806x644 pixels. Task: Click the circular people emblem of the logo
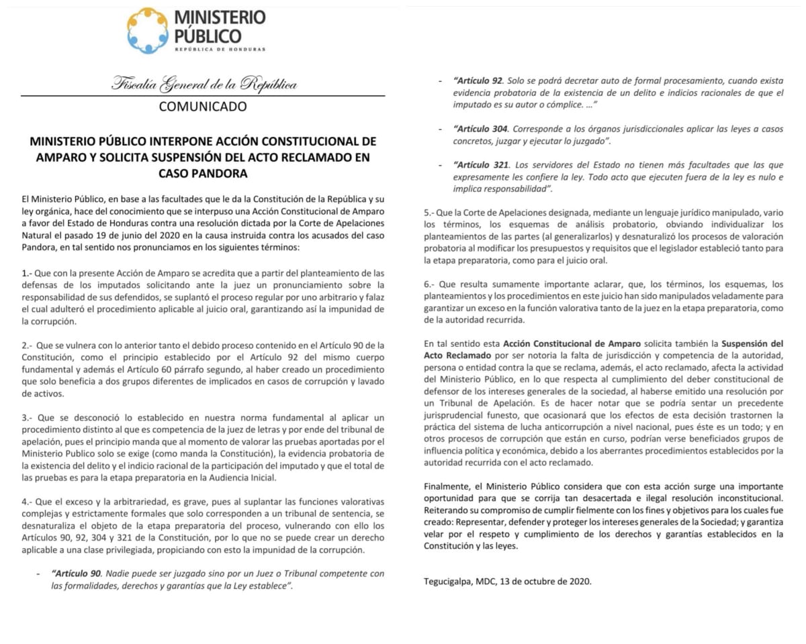pyautogui.click(x=148, y=30)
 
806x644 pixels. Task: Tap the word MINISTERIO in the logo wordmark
pyautogui.click(x=220, y=17)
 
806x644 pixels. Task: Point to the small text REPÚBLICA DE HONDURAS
pyautogui.click(x=219, y=49)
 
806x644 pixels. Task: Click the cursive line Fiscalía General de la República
pyautogui.click(x=204, y=85)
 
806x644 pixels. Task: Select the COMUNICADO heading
pyautogui.click(x=203, y=107)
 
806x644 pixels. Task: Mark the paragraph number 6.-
pyautogui.click(x=431, y=284)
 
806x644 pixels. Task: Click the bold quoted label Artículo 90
pyautogui.click(x=77, y=574)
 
